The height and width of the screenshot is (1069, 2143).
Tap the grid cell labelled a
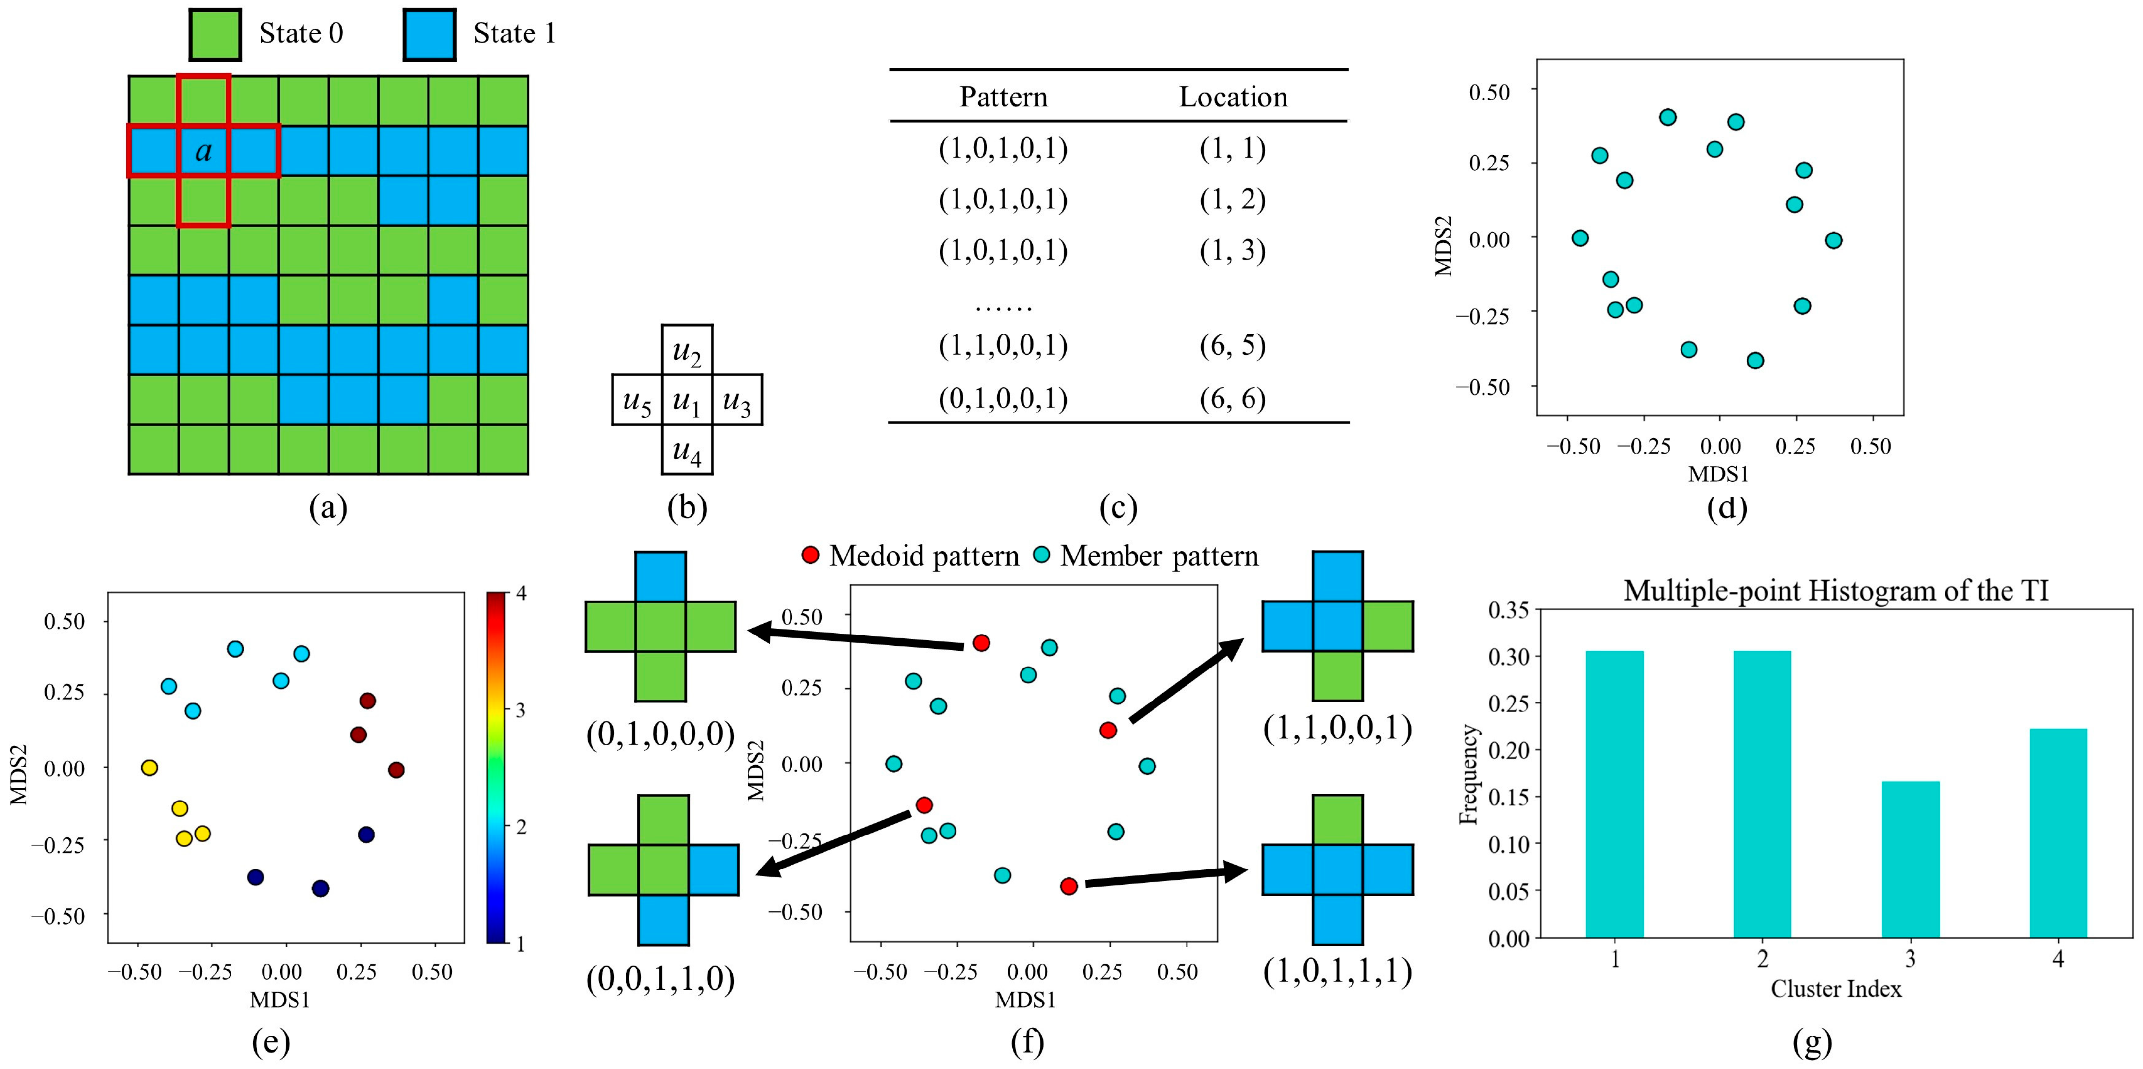point(203,151)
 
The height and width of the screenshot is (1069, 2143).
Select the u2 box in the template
point(686,349)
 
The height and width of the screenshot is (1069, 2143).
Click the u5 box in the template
point(636,400)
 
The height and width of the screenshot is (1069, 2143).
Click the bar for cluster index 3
point(1910,859)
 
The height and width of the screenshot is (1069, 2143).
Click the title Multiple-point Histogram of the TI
point(1835,591)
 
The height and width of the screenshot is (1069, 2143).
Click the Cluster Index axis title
point(1835,989)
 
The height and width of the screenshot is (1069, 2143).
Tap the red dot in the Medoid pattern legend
point(810,555)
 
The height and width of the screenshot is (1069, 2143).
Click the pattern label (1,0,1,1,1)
point(1337,971)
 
